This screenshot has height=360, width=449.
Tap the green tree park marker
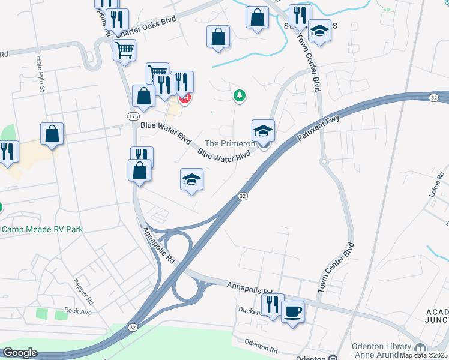click(x=240, y=95)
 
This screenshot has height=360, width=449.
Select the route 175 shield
click(x=133, y=115)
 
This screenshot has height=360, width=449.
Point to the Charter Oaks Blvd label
click(x=147, y=28)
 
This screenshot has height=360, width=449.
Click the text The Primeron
click(x=230, y=143)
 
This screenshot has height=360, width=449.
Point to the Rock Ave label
click(x=78, y=311)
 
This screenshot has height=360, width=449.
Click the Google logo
click(x=20, y=353)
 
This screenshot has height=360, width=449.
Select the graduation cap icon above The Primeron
click(x=263, y=131)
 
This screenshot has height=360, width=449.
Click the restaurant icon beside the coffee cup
click(x=273, y=305)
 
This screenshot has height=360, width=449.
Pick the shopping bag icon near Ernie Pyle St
click(x=52, y=134)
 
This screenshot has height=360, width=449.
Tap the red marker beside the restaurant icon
click(x=185, y=98)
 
